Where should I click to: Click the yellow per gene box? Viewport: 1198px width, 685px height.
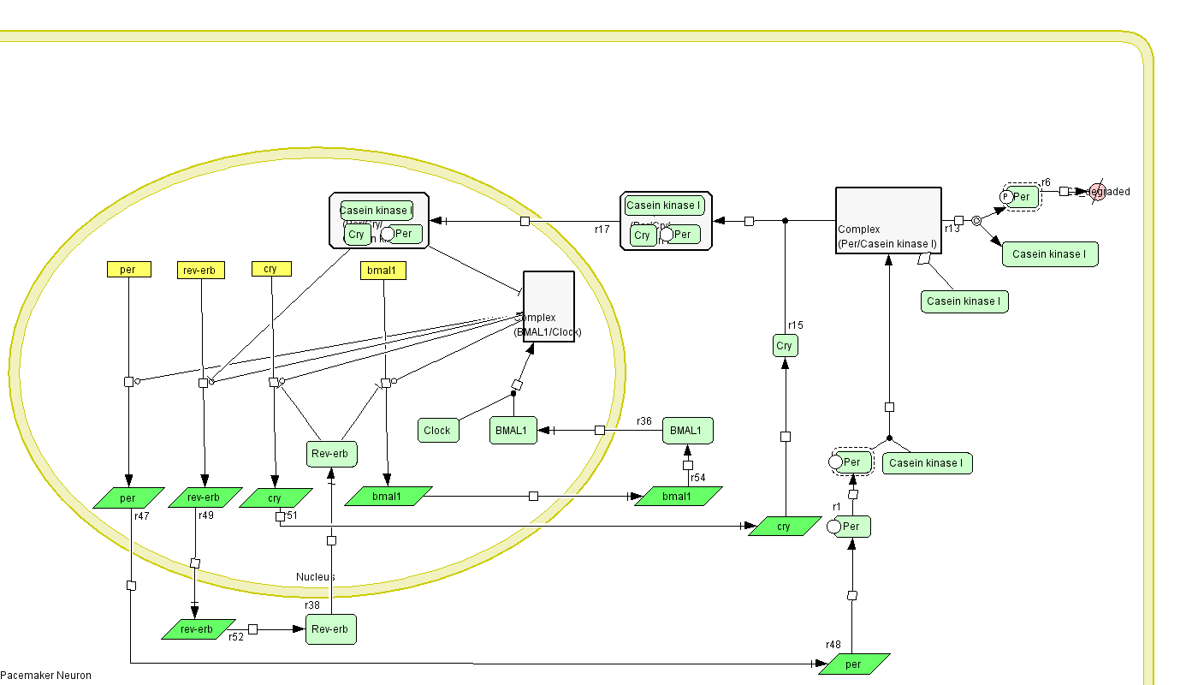pyautogui.click(x=128, y=270)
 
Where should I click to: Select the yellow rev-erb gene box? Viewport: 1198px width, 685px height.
pyautogui.click(x=201, y=271)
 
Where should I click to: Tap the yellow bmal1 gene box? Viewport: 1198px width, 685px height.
pyautogui.click(x=383, y=271)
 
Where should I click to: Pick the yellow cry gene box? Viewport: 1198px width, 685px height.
pyautogui.click(x=271, y=269)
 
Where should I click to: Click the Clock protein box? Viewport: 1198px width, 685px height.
pyautogui.click(x=436, y=431)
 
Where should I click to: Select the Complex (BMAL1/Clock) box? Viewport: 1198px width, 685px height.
pyautogui.click(x=549, y=307)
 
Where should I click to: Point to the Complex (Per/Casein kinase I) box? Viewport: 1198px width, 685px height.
pyautogui.click(x=888, y=221)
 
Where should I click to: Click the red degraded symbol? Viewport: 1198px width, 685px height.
pyautogui.click(x=1098, y=192)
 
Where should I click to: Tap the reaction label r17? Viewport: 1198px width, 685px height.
pyautogui.click(x=602, y=229)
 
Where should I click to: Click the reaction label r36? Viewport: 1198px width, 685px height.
pyautogui.click(x=644, y=421)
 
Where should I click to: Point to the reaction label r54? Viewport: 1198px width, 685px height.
pyautogui.click(x=698, y=478)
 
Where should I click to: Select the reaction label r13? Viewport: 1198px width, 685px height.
pyautogui.click(x=952, y=229)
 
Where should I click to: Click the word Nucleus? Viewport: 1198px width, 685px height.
pyautogui.click(x=316, y=577)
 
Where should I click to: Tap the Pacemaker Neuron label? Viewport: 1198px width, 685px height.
pyautogui.click(x=45, y=676)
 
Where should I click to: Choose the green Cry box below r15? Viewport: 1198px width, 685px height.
pyautogui.click(x=785, y=346)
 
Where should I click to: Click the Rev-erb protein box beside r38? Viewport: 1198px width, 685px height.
pyautogui.click(x=330, y=629)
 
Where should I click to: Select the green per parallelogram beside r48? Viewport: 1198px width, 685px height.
pyautogui.click(x=853, y=664)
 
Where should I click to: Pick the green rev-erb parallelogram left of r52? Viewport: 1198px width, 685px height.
pyautogui.click(x=198, y=629)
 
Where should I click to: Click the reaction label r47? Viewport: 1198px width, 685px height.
pyautogui.click(x=142, y=516)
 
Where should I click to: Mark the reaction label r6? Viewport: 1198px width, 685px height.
pyautogui.click(x=1046, y=182)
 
